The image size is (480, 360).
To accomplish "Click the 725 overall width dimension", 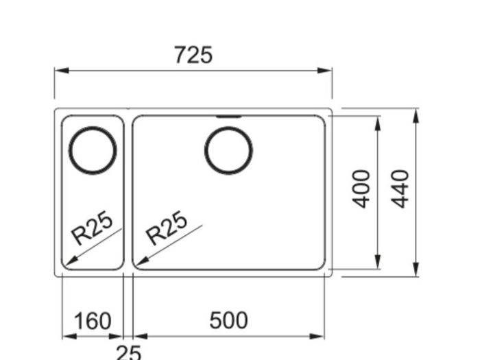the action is tap(193, 55).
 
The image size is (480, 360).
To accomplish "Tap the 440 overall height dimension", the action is tap(400, 189).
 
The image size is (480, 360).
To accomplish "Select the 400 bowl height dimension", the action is tap(361, 189).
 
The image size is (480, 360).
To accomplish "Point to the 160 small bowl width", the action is tap(93, 320).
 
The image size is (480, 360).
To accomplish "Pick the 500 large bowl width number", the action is tap(228, 320).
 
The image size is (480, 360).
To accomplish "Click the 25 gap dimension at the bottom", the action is tap(129, 352).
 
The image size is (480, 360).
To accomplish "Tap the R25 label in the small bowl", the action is tap(91, 228).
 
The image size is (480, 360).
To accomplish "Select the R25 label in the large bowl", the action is tap(166, 228).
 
